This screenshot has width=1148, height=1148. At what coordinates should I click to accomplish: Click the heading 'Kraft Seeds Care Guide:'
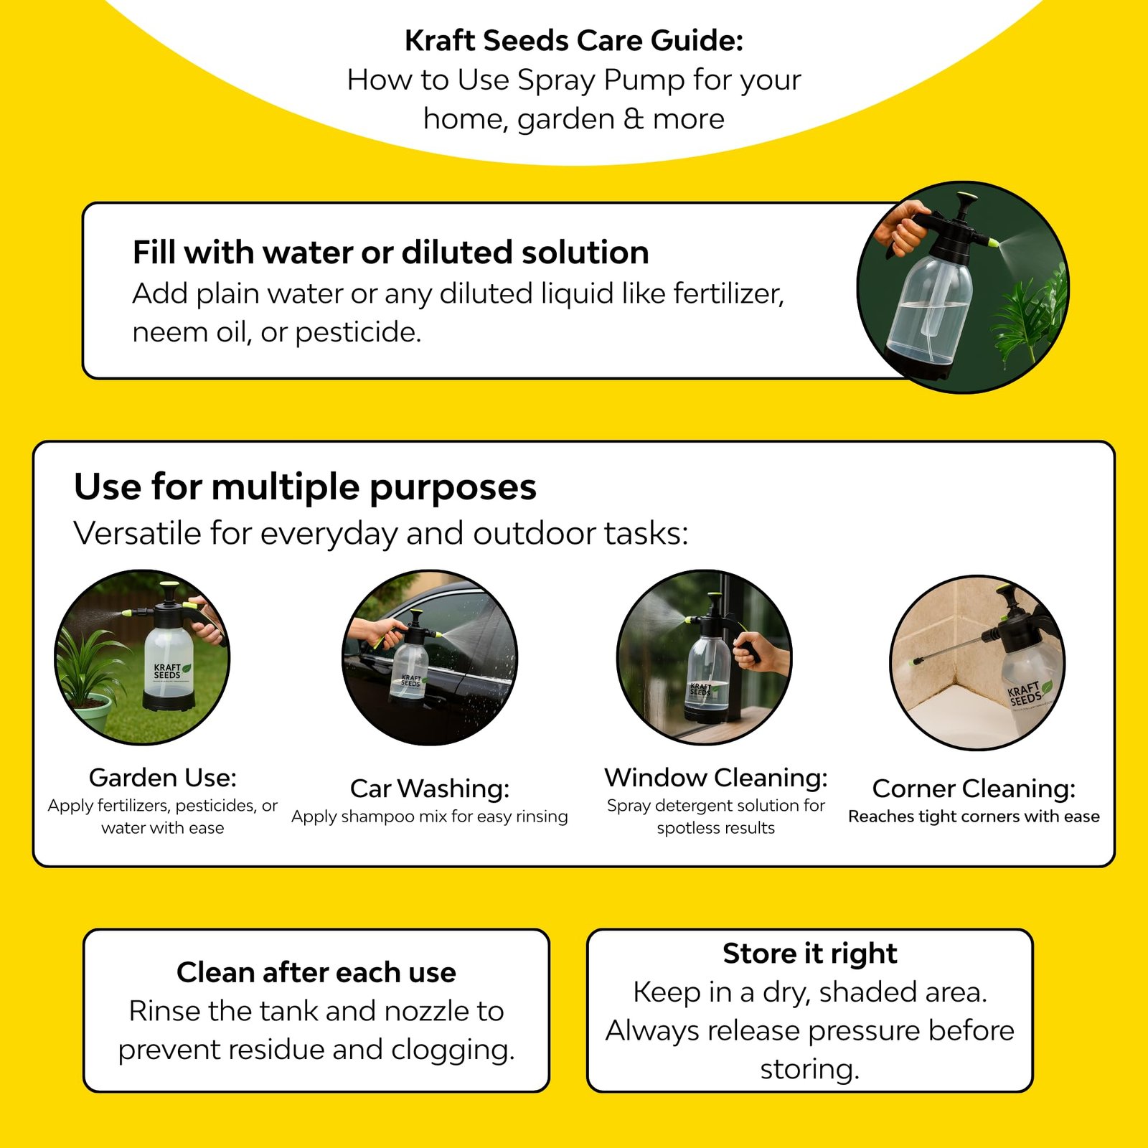[x=574, y=41]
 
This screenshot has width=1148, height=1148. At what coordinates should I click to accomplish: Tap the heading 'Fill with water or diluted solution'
[x=391, y=253]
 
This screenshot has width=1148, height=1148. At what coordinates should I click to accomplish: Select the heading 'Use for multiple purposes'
[x=305, y=487]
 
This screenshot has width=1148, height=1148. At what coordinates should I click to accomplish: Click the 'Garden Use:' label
[x=163, y=777]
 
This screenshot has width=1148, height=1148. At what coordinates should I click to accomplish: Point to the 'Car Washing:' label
[x=430, y=789]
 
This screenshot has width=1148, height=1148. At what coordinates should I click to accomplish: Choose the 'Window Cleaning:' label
[x=716, y=777]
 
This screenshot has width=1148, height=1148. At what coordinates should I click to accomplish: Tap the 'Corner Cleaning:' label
[x=974, y=789]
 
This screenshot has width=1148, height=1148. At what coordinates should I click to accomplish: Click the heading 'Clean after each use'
[x=316, y=972]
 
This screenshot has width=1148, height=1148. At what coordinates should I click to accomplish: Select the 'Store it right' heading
[x=810, y=954]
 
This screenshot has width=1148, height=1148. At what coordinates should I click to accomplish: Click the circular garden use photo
[x=143, y=657]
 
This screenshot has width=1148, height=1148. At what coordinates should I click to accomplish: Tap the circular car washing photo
[x=430, y=657]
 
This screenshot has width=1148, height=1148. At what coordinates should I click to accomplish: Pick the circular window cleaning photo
[x=705, y=657]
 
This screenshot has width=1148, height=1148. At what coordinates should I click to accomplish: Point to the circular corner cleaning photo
[x=977, y=662]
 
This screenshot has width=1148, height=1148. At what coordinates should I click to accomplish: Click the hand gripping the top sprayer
[x=903, y=226]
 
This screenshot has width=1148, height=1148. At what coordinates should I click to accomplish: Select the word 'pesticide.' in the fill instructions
[x=358, y=333]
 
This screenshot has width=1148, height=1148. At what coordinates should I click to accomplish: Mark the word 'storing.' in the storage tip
[x=810, y=1070]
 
